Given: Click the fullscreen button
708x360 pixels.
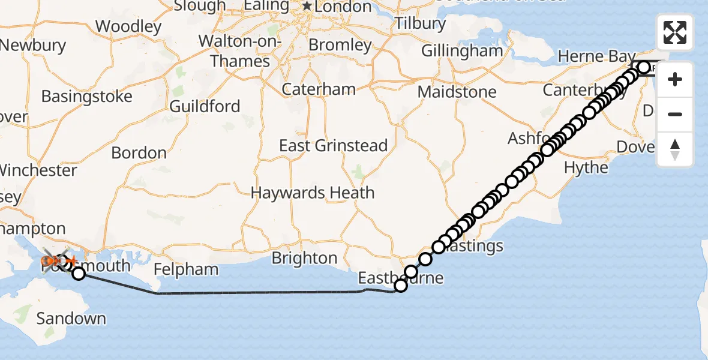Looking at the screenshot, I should [x=675, y=32].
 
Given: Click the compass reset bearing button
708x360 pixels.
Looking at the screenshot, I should [x=675, y=149].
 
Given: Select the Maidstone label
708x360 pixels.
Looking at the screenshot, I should [x=457, y=92].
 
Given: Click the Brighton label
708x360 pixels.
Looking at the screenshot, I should [x=304, y=258].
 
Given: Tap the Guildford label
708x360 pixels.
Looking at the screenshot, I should [x=205, y=107].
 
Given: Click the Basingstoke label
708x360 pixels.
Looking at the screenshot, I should [x=86, y=97].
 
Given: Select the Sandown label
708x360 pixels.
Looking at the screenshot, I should [x=71, y=318].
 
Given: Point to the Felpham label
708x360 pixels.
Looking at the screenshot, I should [x=186, y=269].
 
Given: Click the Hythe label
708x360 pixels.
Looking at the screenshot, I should [x=586, y=167].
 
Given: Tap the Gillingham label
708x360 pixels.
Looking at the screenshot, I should [x=462, y=51].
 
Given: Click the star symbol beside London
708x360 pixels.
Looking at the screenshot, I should [x=307, y=7].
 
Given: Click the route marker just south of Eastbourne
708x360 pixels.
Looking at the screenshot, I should [x=401, y=286].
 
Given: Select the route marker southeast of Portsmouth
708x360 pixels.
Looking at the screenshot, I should [x=79, y=274].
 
